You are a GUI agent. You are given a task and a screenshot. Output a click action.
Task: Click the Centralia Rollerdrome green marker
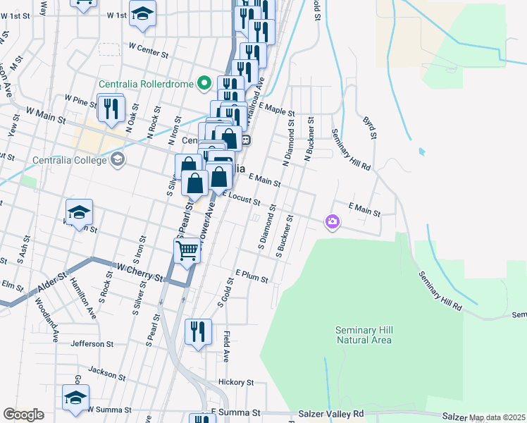[205, 84]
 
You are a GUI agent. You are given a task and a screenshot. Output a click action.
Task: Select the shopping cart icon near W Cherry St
[187, 251]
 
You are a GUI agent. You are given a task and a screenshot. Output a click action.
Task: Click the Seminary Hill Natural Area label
[363, 335]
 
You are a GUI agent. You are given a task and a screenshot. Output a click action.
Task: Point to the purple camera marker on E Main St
[333, 222]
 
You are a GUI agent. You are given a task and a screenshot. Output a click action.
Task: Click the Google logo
[23, 414]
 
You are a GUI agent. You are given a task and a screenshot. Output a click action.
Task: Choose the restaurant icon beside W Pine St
[111, 108]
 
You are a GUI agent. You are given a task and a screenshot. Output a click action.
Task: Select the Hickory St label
[235, 382]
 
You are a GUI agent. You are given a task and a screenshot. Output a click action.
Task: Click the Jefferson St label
[92, 344]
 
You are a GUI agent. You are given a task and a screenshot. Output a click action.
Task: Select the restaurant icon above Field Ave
[198, 331]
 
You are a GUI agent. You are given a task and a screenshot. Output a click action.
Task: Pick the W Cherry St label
[137, 269]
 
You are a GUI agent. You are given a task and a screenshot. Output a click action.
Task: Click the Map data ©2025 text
[497, 418]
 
